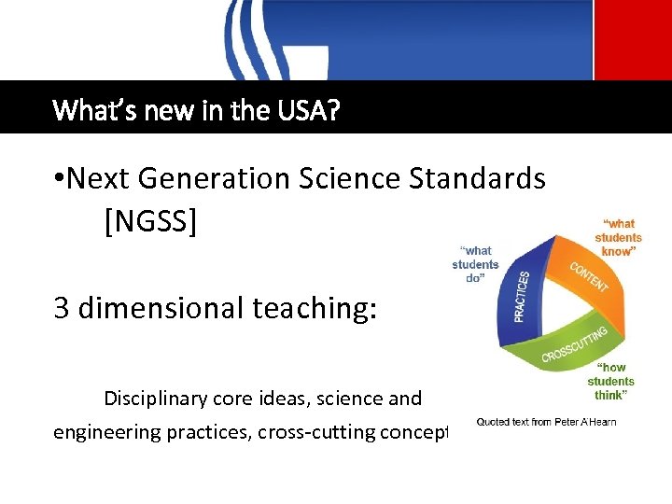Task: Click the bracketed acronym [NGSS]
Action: tap(152, 222)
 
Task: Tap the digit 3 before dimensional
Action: tap(62, 309)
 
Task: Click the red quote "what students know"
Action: tap(619, 237)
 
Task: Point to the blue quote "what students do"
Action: tap(476, 264)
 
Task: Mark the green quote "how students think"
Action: tap(611, 381)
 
